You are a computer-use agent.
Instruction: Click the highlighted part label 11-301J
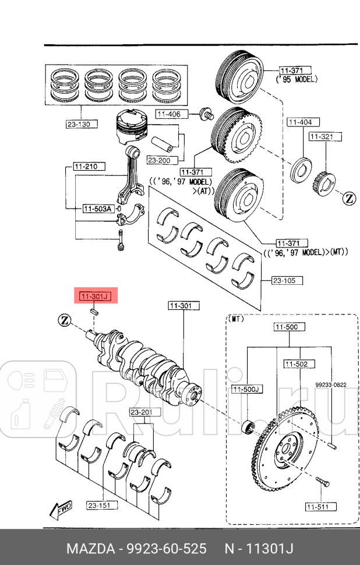[94, 296]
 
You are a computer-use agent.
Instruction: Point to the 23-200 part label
[158, 160]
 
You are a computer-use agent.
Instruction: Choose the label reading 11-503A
[97, 208]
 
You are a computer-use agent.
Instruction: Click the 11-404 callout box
[301, 122]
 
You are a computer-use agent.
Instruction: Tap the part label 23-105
[285, 280]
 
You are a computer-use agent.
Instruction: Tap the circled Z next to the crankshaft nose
[64, 320]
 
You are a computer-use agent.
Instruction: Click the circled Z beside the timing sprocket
[348, 198]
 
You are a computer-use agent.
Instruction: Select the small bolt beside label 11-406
[205, 113]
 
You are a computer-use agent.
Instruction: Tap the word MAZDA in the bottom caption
[89, 549]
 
